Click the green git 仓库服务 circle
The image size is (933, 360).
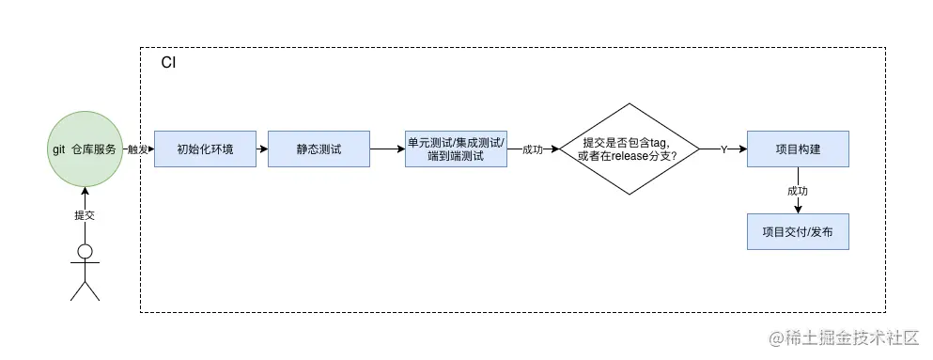(85, 149)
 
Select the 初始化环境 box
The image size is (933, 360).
(205, 149)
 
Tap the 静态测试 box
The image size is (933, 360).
(319, 149)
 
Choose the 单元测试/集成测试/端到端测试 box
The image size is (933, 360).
(456, 149)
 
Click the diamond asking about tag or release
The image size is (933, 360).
(630, 149)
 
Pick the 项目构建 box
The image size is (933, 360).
(798, 149)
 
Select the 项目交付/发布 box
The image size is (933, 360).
(798, 230)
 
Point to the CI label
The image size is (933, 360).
(168, 63)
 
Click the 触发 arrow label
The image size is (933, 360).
(137, 149)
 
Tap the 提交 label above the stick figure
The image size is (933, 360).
(85, 215)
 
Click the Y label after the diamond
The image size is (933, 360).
(723, 149)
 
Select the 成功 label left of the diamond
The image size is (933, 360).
(534, 149)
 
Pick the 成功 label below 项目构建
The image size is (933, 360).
(798, 190)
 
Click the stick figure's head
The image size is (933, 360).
(85, 251)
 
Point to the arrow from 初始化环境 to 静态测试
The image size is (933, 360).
(261, 149)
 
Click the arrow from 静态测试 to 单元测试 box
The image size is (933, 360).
(386, 149)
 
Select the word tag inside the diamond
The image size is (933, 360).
(655, 141)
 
